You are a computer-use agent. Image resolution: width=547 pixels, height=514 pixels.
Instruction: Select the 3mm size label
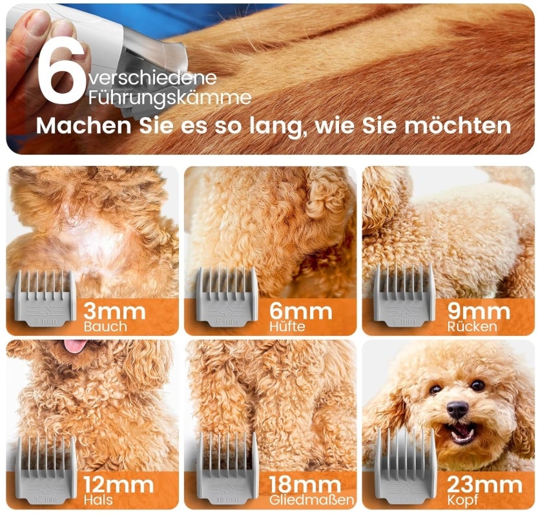[x=114, y=312]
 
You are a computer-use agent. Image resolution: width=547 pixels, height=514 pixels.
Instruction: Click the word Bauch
[x=105, y=327]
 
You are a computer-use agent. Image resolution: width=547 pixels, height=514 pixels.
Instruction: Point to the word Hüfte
[x=287, y=327]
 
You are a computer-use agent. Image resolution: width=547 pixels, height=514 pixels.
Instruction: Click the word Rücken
[x=472, y=327]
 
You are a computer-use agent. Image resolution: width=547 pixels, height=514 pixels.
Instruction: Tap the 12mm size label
[x=119, y=485]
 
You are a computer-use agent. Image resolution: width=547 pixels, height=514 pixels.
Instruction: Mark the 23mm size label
[x=484, y=485]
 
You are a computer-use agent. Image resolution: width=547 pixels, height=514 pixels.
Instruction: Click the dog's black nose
[x=457, y=409]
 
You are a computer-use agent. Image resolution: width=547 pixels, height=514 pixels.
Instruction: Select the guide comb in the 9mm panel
[x=404, y=294]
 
